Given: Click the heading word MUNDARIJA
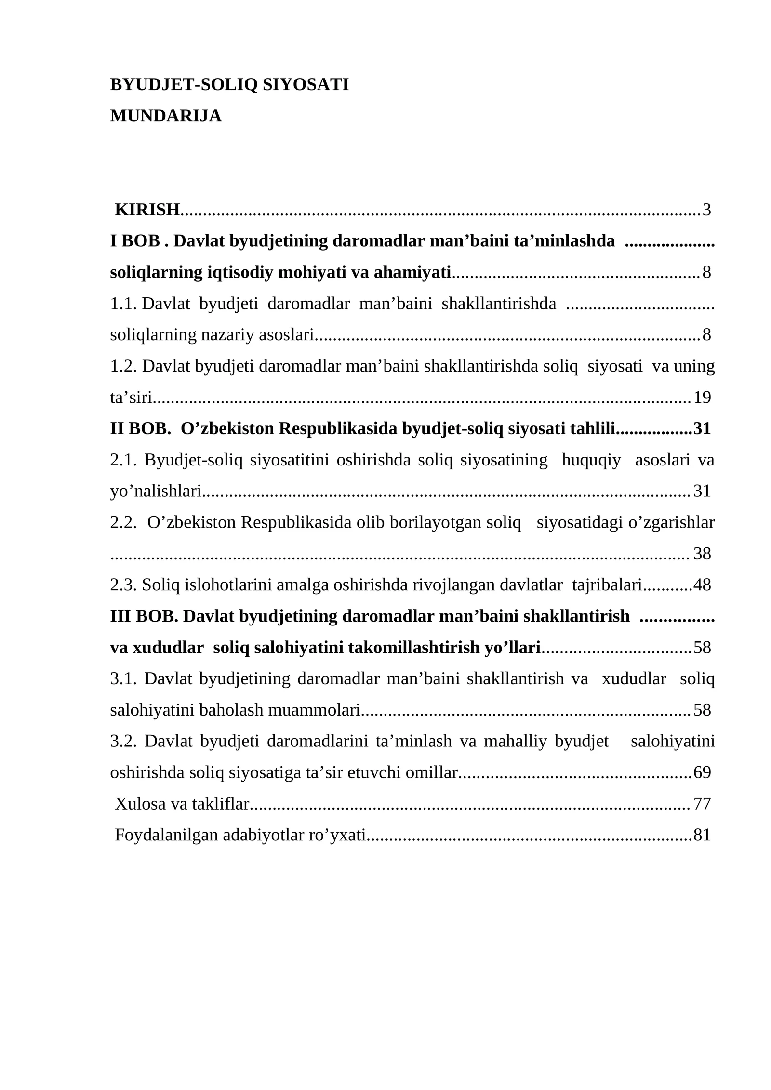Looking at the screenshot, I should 166,116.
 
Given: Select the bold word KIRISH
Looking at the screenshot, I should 147,210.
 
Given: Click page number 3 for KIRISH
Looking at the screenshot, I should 706,210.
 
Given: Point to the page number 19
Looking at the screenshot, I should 702,398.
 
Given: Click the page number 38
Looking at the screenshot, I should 702,554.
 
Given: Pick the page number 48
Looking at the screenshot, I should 702,585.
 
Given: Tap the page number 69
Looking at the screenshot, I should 702,773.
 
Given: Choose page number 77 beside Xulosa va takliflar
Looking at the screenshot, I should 702,804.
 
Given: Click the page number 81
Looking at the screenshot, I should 702,835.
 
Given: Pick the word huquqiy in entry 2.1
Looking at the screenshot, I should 591,460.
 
